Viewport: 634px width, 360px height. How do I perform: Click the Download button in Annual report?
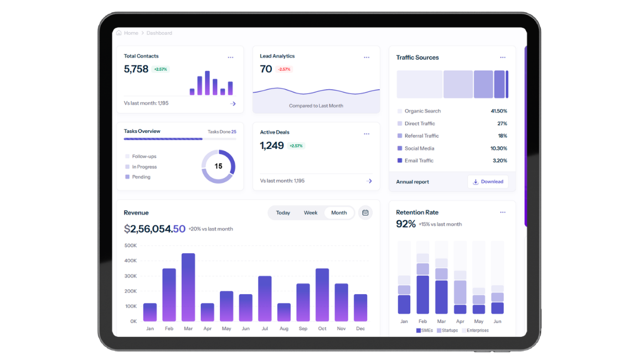488,182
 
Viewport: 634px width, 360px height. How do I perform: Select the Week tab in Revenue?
311,213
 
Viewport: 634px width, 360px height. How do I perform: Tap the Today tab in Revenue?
283,213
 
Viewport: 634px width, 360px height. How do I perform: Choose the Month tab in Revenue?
339,213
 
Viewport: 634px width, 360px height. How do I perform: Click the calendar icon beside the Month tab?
365,213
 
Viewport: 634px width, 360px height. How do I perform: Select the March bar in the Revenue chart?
188,287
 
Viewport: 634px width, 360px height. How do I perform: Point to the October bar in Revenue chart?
322,295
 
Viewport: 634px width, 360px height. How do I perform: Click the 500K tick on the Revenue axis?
131,245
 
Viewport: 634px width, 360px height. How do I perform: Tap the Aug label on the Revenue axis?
284,328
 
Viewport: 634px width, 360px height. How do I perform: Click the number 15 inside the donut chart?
218,166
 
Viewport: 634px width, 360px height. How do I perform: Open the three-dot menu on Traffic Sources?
503,58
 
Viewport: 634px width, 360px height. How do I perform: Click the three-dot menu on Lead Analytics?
367,58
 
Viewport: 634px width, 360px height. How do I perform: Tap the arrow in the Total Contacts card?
233,104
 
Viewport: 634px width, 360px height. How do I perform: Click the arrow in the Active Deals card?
369,181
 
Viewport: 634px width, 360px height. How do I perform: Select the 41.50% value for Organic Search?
499,111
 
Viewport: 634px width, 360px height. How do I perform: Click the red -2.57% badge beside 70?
284,69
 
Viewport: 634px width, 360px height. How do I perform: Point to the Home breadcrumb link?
131,33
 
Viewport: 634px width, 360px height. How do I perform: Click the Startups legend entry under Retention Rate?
447,331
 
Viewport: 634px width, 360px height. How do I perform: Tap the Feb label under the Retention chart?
422,321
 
